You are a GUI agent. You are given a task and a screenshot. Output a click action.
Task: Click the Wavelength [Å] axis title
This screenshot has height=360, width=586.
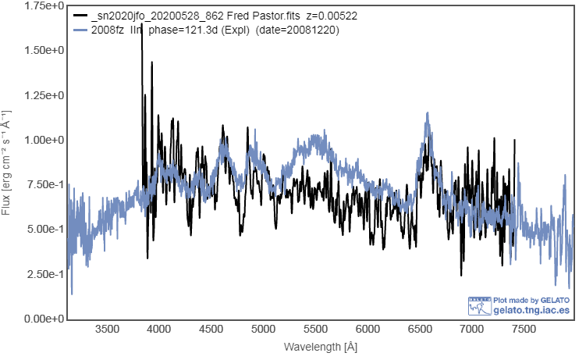321,346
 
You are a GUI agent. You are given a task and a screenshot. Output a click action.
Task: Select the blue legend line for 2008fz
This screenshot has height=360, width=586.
80,30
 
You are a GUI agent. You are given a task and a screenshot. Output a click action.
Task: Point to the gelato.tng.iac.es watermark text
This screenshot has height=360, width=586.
532,310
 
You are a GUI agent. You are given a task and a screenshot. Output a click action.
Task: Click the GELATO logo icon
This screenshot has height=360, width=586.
479,305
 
